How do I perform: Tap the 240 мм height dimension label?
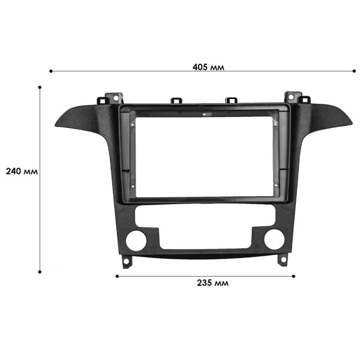(22, 171)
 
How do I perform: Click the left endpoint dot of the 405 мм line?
(50, 71)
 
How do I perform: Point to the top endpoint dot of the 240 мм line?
(40, 87)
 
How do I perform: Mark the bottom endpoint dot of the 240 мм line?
(40, 272)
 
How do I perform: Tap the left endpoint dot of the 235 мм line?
(116, 276)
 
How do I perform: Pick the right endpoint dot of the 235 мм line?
(295, 276)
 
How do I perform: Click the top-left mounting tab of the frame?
(112, 97)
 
